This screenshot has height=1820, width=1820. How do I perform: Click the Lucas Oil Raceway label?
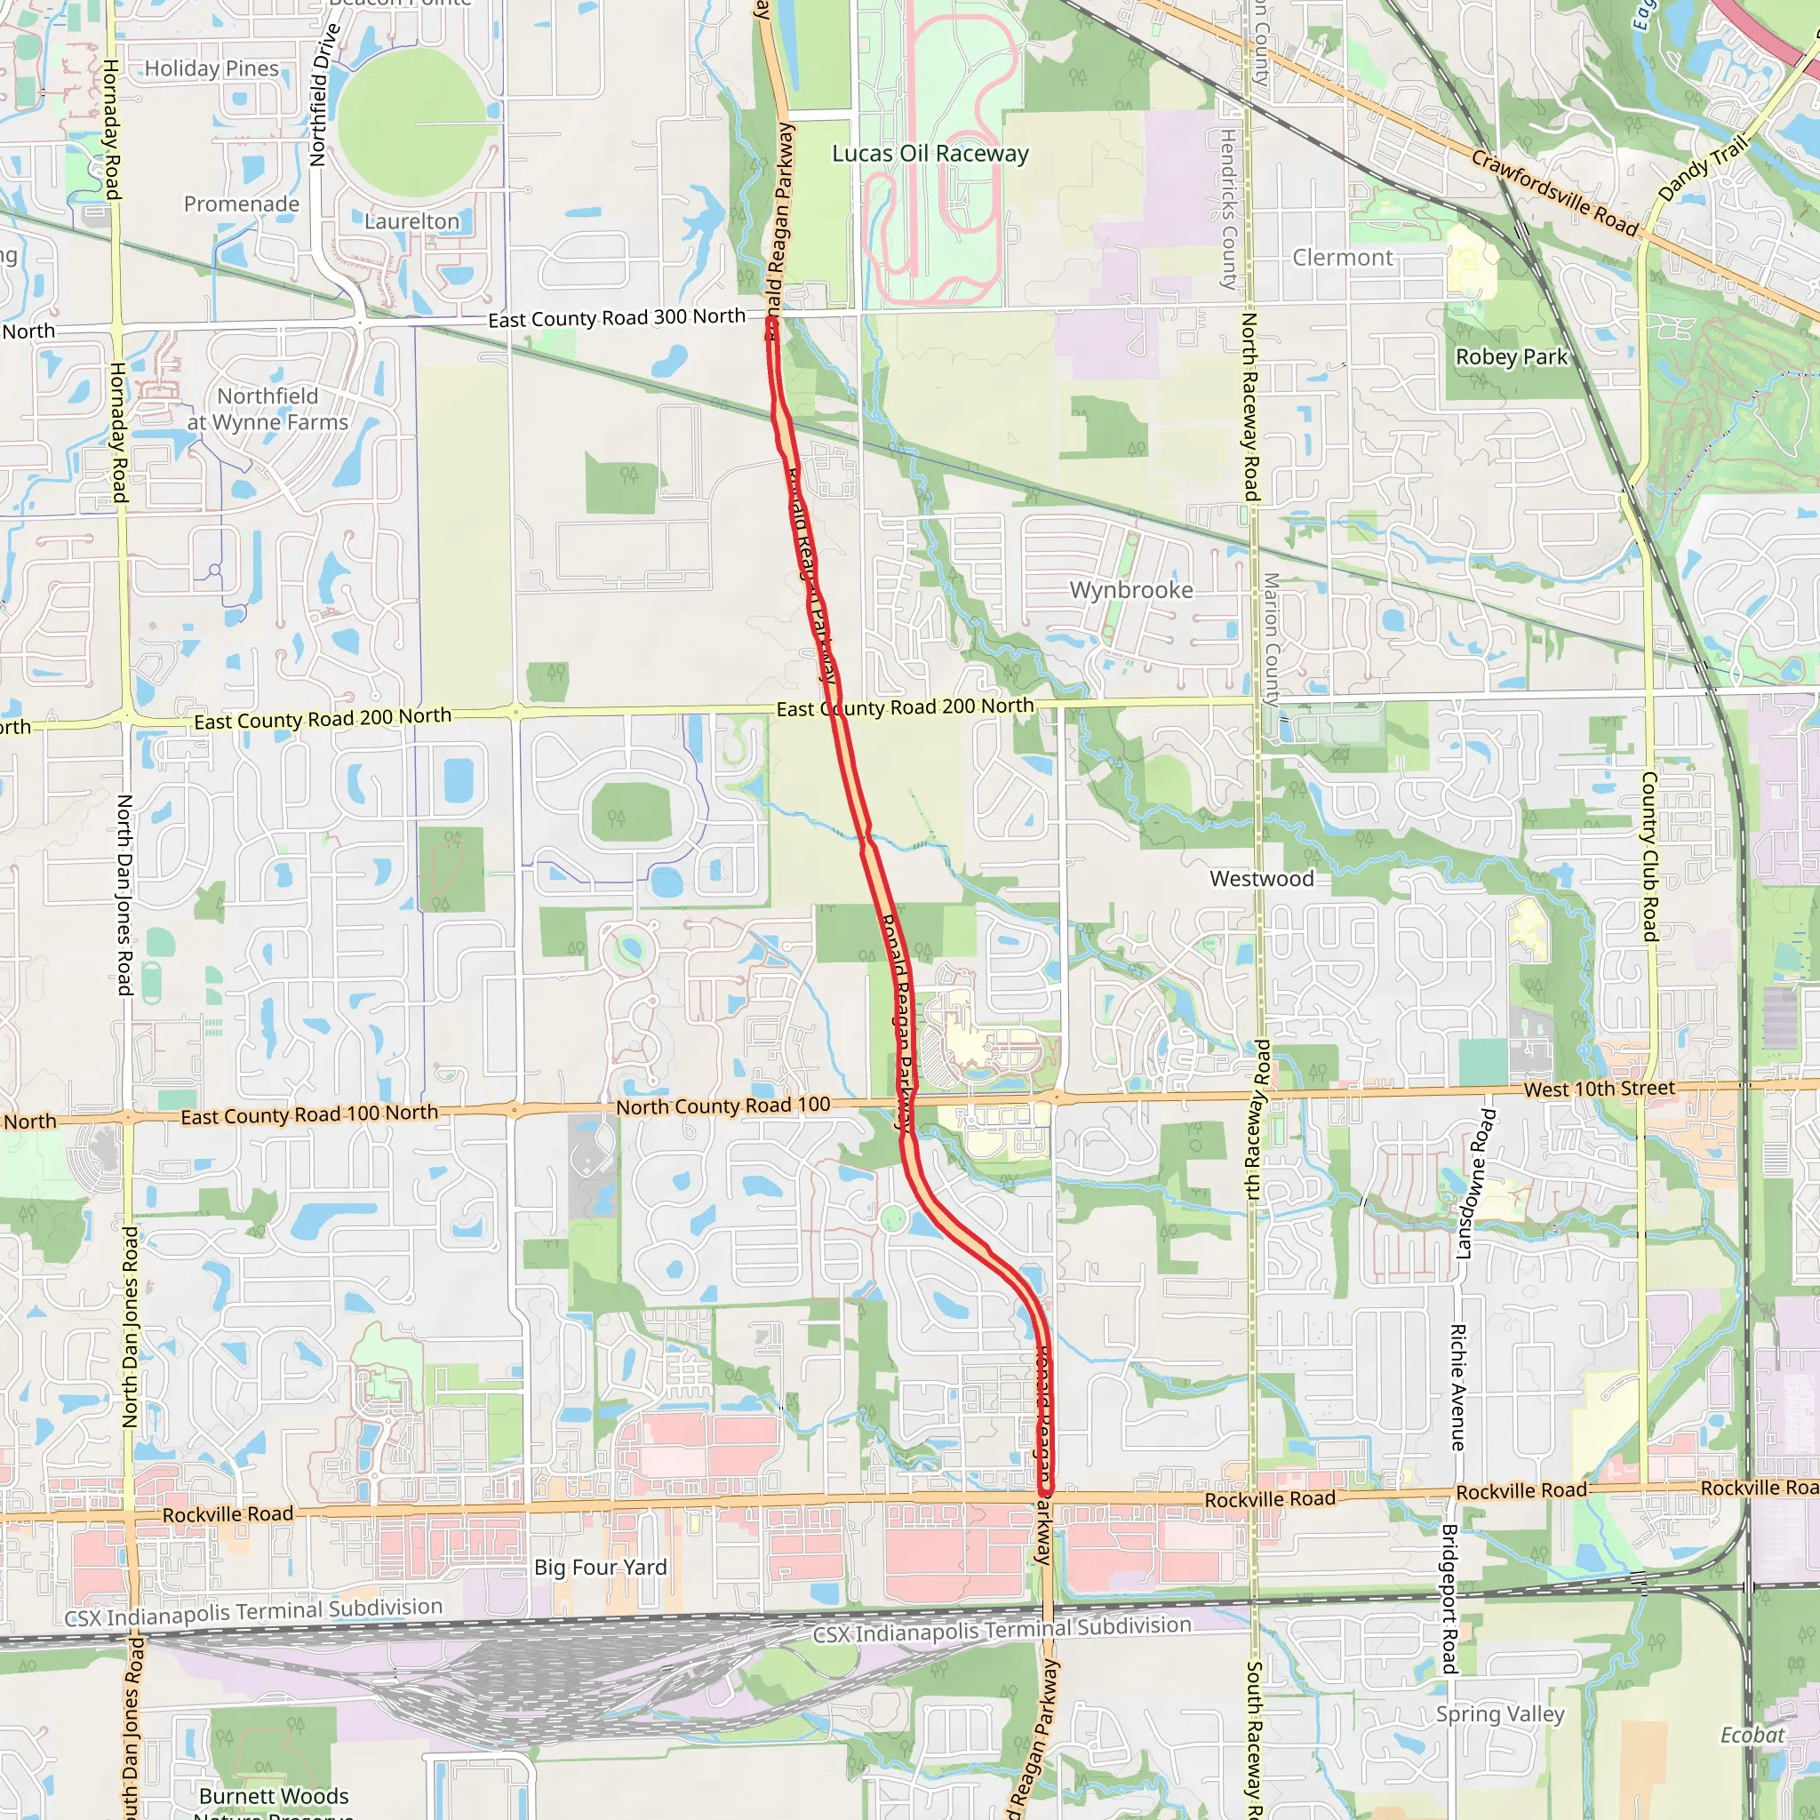click(930, 154)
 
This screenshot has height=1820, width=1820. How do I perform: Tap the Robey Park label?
click(1511, 357)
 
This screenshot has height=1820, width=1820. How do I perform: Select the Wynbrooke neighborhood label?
click(1130, 591)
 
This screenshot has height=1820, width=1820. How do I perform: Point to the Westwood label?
click(1261, 879)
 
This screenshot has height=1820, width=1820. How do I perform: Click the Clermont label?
click(1343, 258)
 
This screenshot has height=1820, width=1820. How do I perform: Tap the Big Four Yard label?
click(600, 1568)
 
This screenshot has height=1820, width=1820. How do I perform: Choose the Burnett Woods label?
click(273, 1796)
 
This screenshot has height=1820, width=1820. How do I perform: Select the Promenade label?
click(241, 204)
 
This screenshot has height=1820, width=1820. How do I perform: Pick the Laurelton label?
click(411, 221)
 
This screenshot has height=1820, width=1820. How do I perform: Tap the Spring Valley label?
click(1500, 1713)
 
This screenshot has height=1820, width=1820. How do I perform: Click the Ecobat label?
click(1752, 1736)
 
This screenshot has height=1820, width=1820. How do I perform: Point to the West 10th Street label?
click(1599, 1089)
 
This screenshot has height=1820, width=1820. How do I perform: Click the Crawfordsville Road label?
click(1554, 193)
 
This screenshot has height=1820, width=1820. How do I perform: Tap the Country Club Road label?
click(1649, 857)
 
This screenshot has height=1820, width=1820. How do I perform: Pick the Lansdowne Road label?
click(1474, 1183)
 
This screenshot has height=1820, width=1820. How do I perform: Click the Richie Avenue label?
click(1457, 1387)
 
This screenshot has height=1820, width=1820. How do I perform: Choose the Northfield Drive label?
click(324, 94)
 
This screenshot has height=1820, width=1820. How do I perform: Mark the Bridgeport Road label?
click(1449, 1599)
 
